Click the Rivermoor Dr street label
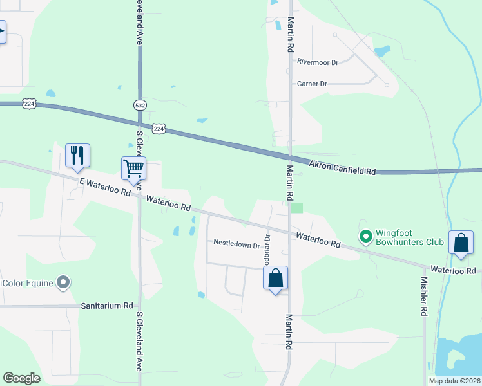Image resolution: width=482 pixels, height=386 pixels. tap(318, 62)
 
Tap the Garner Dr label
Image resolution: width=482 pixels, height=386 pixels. tap(312, 84)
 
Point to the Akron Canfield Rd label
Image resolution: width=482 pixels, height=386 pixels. tap(342, 168)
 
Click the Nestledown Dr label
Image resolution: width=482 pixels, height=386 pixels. tap(236, 244)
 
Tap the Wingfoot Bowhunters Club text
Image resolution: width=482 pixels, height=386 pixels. tap(410, 237)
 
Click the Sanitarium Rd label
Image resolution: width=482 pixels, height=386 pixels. tap(107, 306)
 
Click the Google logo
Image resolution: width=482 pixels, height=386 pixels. tap(21, 378)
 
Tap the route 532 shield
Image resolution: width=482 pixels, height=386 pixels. tap(139, 104)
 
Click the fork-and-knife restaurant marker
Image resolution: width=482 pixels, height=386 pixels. tap(77, 156)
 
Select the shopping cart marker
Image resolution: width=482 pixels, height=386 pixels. tap(133, 169)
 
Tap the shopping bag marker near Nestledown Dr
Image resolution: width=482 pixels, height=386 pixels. tap(275, 279)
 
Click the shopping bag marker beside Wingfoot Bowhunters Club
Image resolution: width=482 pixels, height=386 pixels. tap(461, 243)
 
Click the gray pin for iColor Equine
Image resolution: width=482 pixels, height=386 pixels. tap(63, 282)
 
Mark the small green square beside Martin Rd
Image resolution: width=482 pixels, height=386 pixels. tap(296, 207)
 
